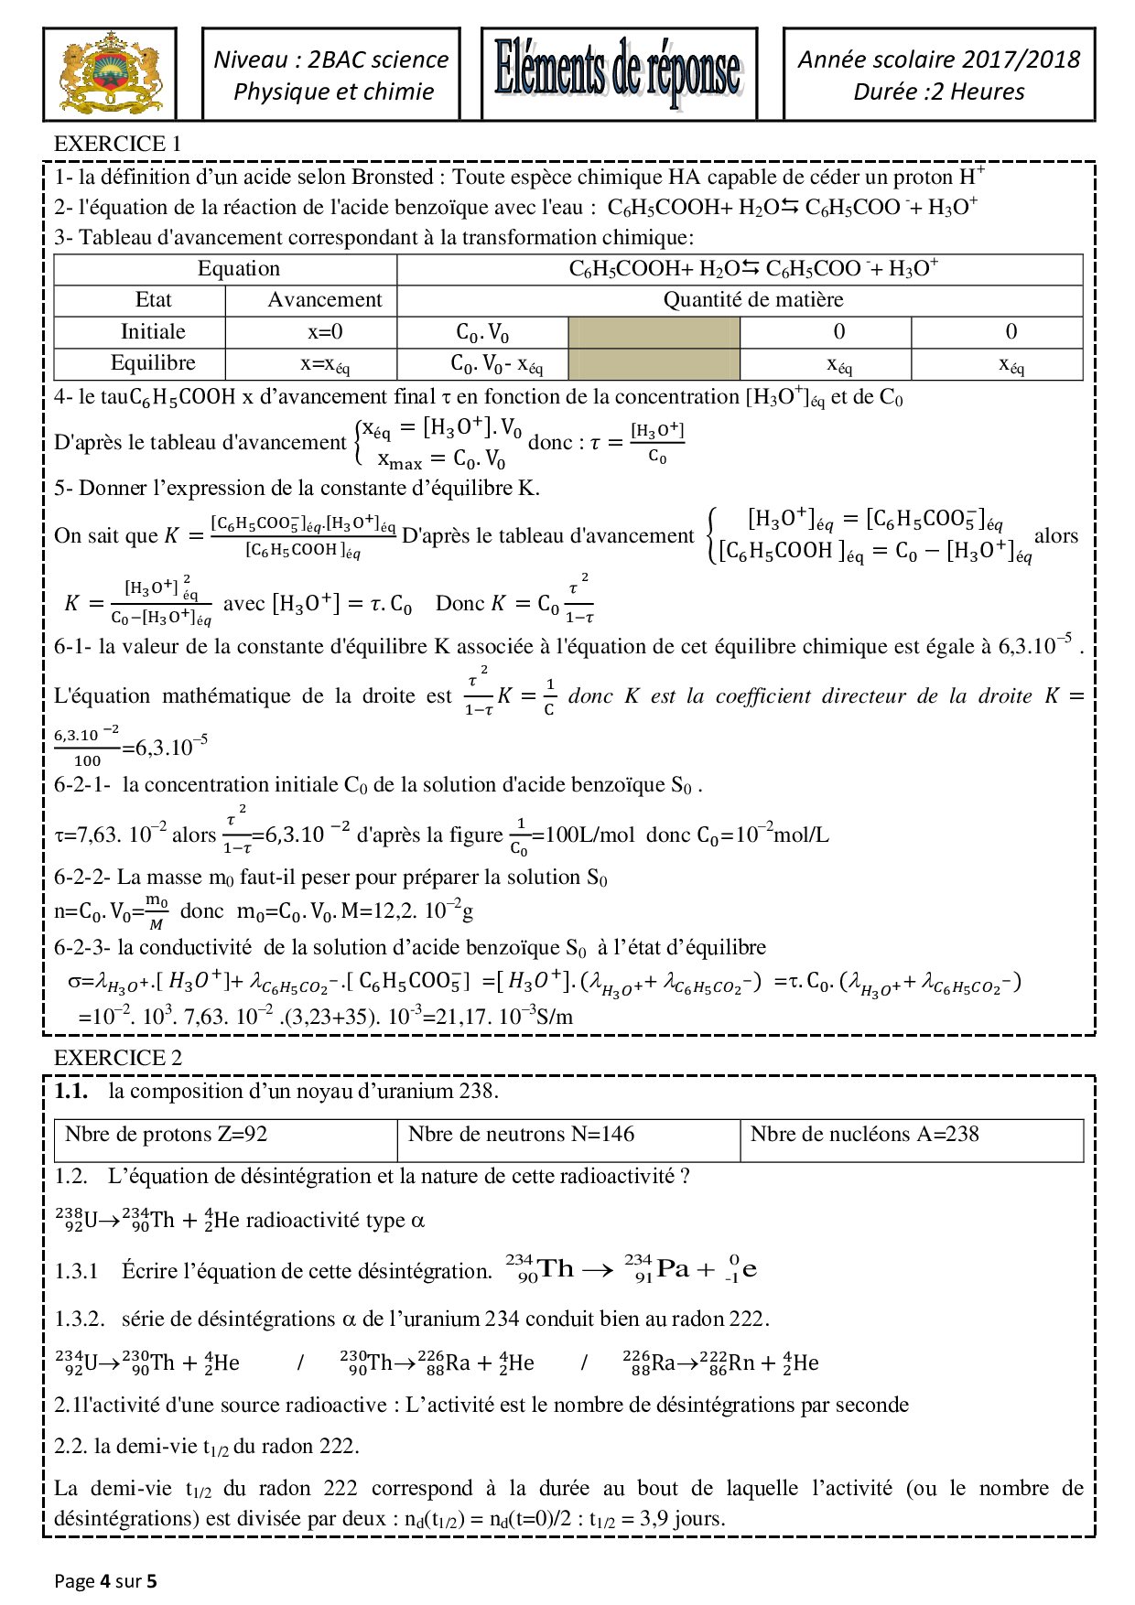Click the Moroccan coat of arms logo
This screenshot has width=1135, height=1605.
point(111,73)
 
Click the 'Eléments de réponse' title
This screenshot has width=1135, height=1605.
point(619,72)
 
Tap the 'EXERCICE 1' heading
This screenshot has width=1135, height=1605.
point(117,144)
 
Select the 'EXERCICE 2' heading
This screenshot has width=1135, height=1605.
point(117,1058)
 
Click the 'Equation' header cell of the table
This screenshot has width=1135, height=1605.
point(238,269)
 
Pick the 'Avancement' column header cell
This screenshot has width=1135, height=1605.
point(325,300)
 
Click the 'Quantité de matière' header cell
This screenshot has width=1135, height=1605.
point(752,300)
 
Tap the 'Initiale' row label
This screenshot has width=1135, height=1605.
point(153,331)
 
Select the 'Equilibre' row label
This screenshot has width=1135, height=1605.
point(153,363)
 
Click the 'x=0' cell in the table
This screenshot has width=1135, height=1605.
point(325,331)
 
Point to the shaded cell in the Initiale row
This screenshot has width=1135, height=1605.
point(654,331)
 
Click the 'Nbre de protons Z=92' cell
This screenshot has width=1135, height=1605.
point(167,1135)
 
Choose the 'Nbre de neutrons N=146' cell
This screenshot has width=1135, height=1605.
point(521,1135)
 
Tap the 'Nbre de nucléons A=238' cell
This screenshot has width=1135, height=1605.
point(864,1135)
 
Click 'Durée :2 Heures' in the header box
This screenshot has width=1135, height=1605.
point(939,92)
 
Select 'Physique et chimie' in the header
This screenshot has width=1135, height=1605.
point(334,92)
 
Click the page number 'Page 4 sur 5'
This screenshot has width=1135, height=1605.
point(105,1581)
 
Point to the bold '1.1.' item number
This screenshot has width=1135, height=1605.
point(71,1091)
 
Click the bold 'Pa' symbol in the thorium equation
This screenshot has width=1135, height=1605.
point(673,1269)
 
